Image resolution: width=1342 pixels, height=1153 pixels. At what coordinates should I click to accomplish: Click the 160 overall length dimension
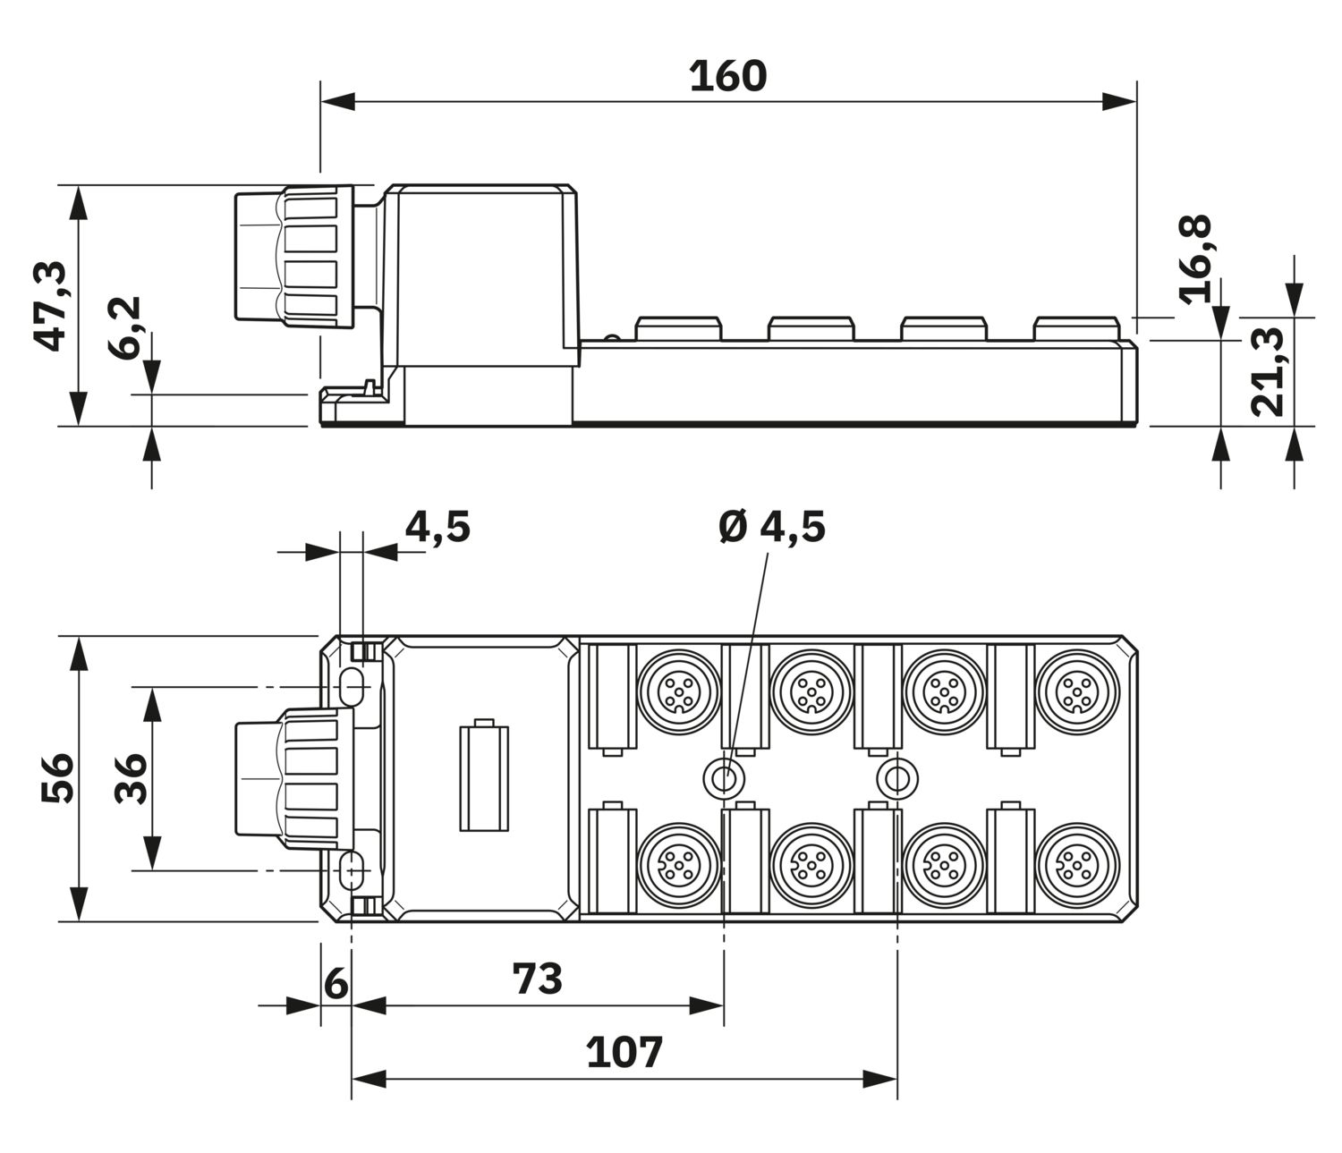727,76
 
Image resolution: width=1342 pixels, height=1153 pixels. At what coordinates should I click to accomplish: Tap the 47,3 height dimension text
51,306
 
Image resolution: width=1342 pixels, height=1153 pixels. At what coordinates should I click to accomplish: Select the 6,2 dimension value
124,327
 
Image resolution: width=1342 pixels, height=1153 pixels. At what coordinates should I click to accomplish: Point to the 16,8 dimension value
1195,259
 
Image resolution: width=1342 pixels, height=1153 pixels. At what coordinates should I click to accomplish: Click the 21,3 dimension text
1268,370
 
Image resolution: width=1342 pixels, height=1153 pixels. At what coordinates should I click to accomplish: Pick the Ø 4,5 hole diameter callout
773,527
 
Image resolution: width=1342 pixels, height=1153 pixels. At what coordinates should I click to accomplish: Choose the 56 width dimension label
58,777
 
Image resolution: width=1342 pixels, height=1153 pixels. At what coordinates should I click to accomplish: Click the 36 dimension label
131,778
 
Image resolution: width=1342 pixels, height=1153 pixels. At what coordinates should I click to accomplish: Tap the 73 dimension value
538,979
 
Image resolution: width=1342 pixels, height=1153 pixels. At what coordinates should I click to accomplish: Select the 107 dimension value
624,1053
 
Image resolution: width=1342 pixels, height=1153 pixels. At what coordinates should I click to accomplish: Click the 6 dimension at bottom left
335,984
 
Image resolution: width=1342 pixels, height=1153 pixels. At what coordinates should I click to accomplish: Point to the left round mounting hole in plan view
725,777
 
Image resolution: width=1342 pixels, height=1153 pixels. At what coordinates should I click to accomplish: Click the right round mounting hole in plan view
897,777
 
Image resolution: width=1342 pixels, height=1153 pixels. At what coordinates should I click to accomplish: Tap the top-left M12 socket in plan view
679,692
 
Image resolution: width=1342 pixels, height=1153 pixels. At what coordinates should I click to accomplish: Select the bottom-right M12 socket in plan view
1077,865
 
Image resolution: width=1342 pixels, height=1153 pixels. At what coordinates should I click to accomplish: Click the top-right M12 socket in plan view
1077,692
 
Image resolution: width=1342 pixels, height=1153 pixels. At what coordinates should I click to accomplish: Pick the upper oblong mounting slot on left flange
352,686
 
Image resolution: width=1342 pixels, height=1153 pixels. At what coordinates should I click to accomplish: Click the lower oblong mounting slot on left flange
352,870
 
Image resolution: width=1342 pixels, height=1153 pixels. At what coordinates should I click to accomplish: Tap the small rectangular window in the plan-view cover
484,777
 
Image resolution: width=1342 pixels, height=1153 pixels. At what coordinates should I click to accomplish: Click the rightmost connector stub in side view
1075,328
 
